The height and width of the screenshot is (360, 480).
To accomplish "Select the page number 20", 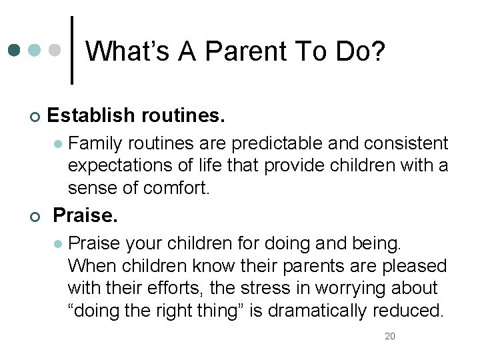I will pyautogui.click(x=390, y=336).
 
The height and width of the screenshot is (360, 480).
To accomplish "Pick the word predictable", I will pyautogui.click(x=267, y=143).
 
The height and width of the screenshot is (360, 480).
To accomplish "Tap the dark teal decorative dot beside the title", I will pyautogui.click(x=15, y=50).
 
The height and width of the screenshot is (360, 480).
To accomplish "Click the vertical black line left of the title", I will pyautogui.click(x=72, y=50).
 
